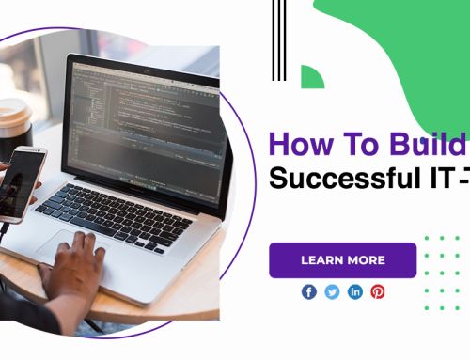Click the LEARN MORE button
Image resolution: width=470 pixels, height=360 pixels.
click(x=342, y=260)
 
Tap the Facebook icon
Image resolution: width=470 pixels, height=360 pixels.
click(x=309, y=292)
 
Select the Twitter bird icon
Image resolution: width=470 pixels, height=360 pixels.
click(x=332, y=292)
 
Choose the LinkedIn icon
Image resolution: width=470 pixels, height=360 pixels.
click(x=355, y=292)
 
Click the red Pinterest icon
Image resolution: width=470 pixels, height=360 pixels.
click(x=378, y=292)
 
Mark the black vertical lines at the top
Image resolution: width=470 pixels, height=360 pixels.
click(x=277, y=38)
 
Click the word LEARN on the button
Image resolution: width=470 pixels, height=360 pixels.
click(x=321, y=260)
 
